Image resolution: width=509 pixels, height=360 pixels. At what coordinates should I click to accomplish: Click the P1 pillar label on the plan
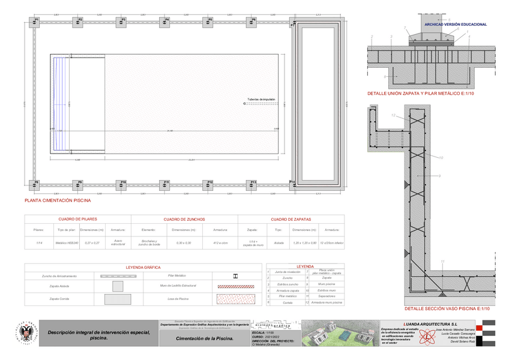point(36,19)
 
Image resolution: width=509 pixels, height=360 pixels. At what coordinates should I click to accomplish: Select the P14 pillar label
point(292,181)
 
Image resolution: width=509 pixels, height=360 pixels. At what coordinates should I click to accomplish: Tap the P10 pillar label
point(124,181)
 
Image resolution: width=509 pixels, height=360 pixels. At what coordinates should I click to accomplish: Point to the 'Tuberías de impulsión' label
point(261,99)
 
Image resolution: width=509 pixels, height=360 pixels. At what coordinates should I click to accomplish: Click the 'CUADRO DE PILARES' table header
point(77,220)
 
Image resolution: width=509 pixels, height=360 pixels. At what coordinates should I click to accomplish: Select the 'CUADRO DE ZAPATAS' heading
point(291,220)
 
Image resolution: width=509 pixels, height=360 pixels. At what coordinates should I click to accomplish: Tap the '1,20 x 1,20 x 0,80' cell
point(304,243)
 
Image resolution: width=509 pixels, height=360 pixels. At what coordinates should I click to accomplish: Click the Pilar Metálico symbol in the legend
point(235,275)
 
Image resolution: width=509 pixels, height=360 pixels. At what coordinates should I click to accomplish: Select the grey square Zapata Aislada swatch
point(117,286)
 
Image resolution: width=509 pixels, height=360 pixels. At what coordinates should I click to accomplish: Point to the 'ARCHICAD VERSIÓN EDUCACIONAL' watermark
point(455,25)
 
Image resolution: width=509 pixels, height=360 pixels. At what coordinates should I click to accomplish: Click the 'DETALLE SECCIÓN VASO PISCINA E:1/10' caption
point(443,308)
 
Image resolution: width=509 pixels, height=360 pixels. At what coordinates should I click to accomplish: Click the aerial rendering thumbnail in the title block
point(340,334)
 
